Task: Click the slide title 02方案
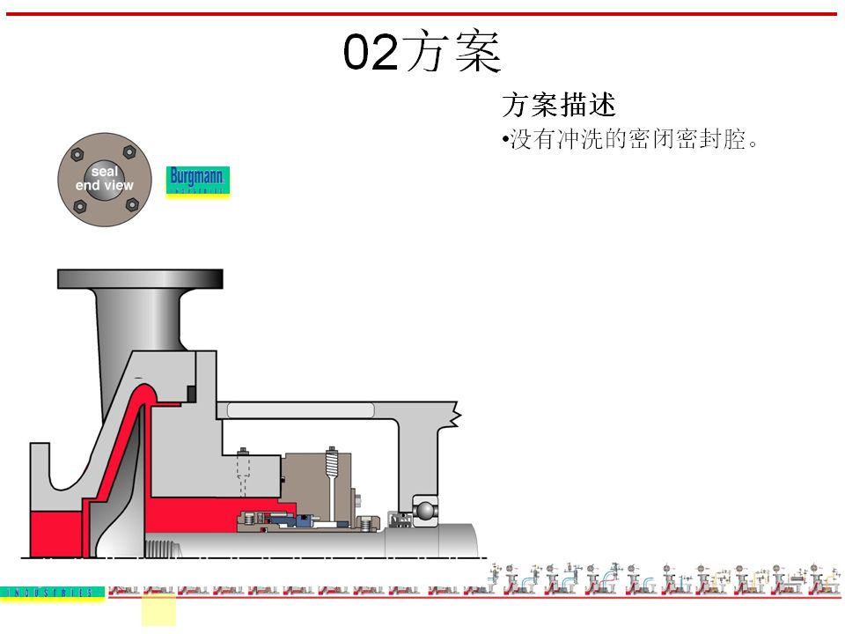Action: coord(422,53)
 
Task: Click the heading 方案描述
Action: coord(558,106)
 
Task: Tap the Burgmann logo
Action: coord(198,181)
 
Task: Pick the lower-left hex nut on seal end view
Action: coord(80,206)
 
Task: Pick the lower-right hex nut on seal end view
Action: coord(132,204)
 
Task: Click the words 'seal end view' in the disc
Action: coord(105,179)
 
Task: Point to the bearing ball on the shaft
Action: coord(423,510)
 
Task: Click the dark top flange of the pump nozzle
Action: coord(140,279)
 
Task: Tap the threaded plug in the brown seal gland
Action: coord(332,462)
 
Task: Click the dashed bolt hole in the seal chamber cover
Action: coord(245,479)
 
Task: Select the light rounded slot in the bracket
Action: coord(300,409)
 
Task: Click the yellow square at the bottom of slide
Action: coord(158,610)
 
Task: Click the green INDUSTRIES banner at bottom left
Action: coord(53,593)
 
